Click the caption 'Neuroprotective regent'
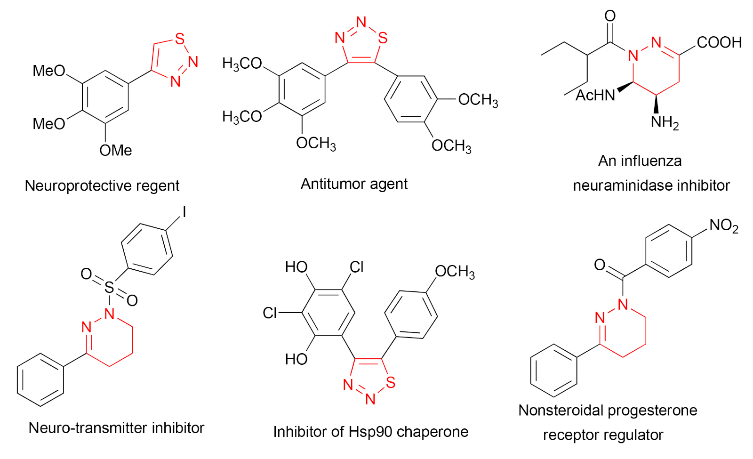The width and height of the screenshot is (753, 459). point(102,185)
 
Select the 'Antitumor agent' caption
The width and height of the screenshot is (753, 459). point(354,184)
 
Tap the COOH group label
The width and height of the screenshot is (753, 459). point(719,42)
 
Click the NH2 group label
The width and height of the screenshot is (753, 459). point(665,122)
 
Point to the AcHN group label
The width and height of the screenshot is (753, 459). point(595,96)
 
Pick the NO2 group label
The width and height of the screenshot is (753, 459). point(723,225)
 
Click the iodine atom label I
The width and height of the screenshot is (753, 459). point(184,212)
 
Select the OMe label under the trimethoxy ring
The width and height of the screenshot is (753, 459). point(116,151)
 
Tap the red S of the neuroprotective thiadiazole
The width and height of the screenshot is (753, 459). point(179,39)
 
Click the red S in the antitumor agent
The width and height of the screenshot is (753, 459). point(383,38)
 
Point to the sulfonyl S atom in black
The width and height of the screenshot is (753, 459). point(109,287)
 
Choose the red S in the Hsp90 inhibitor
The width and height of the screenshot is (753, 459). point(390,382)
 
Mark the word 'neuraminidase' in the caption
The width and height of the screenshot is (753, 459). point(622,185)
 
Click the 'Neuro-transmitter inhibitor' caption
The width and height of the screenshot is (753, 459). point(116,428)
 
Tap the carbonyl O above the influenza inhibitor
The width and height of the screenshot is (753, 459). point(610,16)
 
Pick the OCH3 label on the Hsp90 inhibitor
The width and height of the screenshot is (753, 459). point(455,272)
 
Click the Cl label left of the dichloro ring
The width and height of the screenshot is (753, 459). point(270,313)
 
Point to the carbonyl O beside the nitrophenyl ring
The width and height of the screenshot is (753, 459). point(600,265)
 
